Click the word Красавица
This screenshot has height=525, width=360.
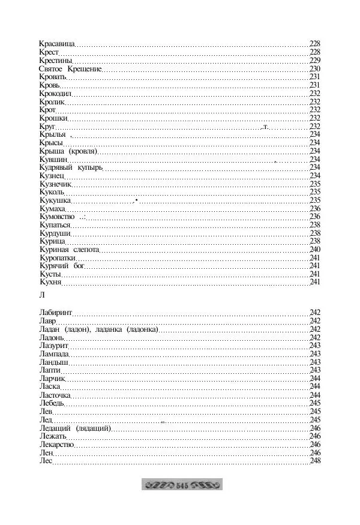[x=56, y=44]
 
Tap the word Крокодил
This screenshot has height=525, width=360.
[x=55, y=94]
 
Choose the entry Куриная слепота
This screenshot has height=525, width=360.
[x=68, y=249]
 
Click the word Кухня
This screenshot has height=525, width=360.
[x=50, y=281]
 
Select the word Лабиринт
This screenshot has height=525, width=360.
[x=55, y=313]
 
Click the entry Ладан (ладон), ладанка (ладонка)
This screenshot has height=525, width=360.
[x=98, y=329]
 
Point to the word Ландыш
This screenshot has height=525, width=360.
[x=53, y=362]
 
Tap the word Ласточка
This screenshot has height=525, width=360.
[x=55, y=395]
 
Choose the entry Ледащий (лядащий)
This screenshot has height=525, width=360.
[x=75, y=428]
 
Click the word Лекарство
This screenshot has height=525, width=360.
[x=56, y=445]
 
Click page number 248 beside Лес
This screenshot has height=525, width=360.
[x=315, y=461]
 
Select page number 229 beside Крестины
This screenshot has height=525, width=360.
[x=315, y=61]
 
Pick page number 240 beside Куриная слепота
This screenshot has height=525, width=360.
[x=315, y=249]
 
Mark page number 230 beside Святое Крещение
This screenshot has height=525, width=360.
[x=315, y=69]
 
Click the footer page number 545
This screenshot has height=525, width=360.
[x=182, y=484]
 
